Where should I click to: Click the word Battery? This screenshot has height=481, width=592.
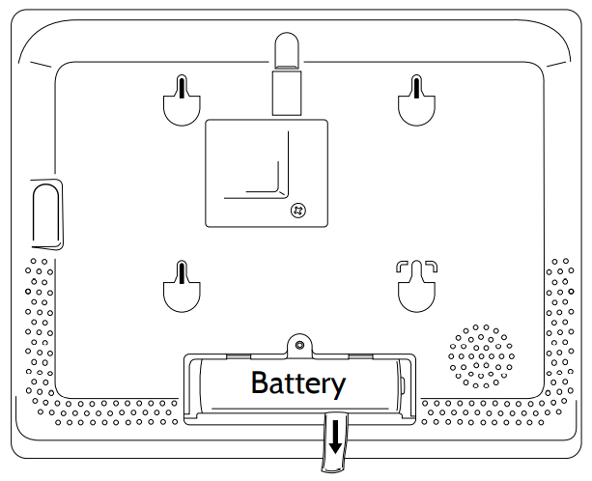point(297,383)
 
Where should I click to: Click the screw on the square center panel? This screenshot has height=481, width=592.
point(298,210)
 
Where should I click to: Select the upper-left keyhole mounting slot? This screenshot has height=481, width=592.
point(180,100)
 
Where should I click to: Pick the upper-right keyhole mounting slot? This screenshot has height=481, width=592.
point(417,100)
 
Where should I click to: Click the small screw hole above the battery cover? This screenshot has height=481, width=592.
point(299,344)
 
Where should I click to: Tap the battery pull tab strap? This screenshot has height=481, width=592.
point(333,446)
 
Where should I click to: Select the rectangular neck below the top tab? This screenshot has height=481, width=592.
point(287,93)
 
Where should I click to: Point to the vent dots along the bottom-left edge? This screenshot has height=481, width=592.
point(106,411)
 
